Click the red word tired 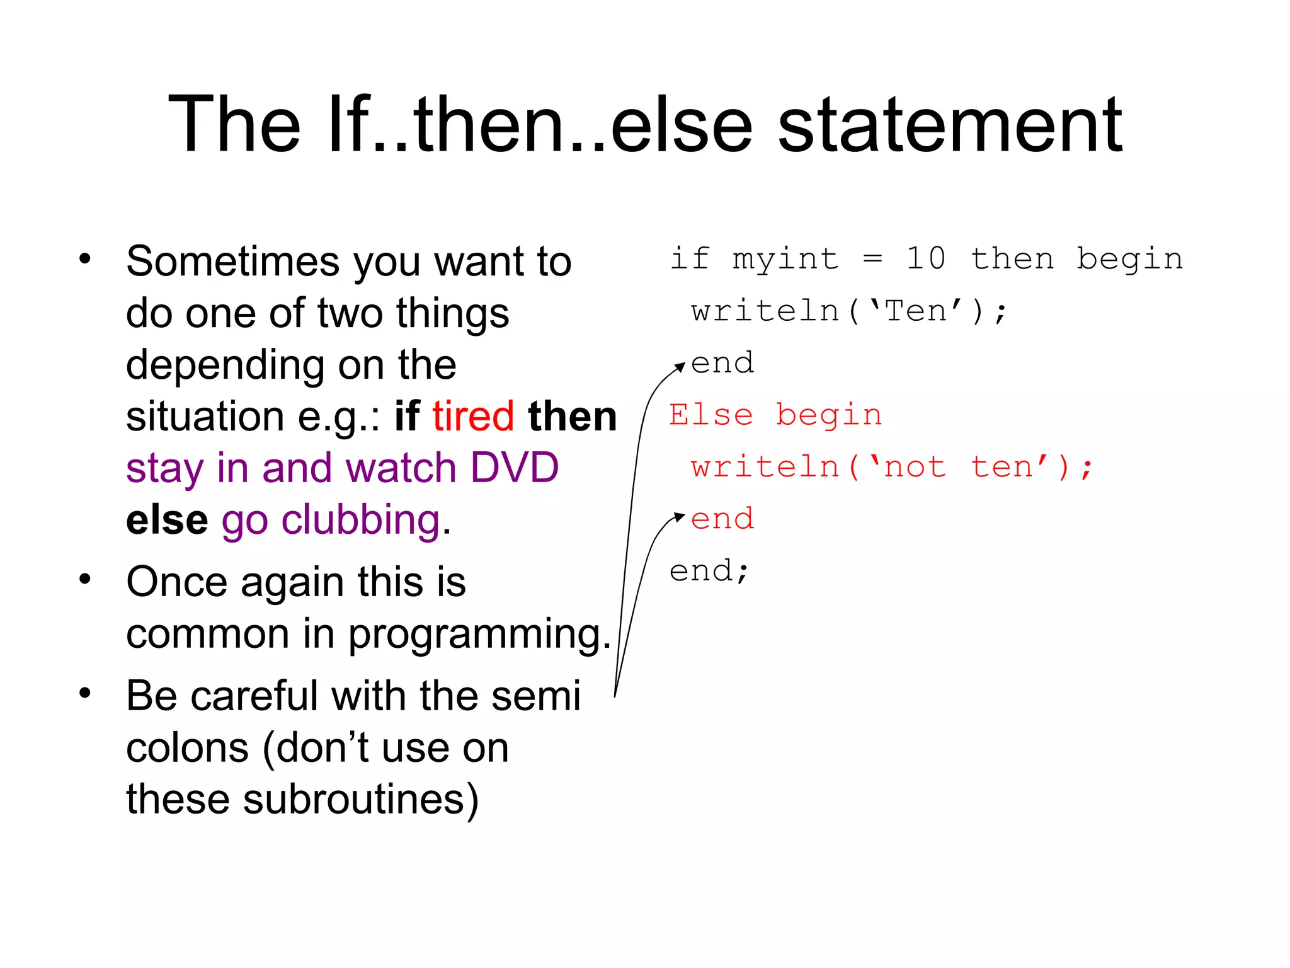click(x=473, y=417)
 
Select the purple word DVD click(x=515, y=468)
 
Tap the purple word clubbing click(x=361, y=521)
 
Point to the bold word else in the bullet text click(x=167, y=521)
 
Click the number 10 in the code click(x=926, y=258)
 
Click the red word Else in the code click(x=711, y=415)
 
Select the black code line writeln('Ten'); click(x=848, y=311)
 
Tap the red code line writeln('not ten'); click(x=891, y=468)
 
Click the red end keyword click(x=722, y=519)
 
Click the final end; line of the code click(x=709, y=571)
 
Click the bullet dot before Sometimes click(x=85, y=259)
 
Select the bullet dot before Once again click(x=85, y=579)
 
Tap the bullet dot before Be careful click(x=85, y=693)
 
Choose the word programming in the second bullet click(x=479, y=634)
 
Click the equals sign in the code click(x=872, y=258)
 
